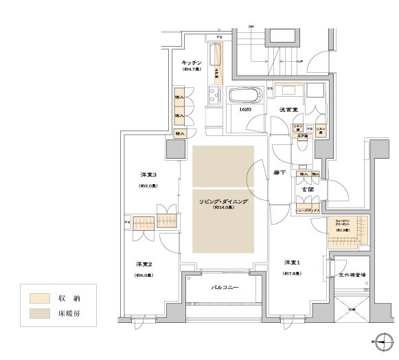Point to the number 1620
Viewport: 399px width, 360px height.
pyautogui.click(x=244, y=110)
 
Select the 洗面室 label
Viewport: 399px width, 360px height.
pyautogui.click(x=288, y=110)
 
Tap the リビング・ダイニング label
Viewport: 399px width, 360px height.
pyautogui.click(x=223, y=202)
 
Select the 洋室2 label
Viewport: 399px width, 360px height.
pyautogui.click(x=143, y=265)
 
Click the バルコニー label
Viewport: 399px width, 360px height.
pyautogui.click(x=224, y=286)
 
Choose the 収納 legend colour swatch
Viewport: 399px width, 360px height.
pyautogui.click(x=39, y=299)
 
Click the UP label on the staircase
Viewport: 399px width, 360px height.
pyautogui.click(x=300, y=63)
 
